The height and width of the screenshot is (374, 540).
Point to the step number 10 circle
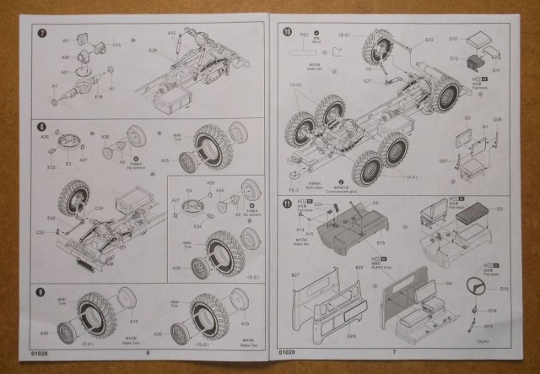click(287, 32)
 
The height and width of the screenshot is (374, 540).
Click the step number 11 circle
click(287, 203)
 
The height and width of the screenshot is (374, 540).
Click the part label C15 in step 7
click(116, 44)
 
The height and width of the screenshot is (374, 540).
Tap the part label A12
click(172, 34)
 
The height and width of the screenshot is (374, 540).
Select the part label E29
click(153, 51)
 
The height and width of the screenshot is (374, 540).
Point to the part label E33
click(51, 166)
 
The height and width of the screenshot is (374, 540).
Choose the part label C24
click(99, 205)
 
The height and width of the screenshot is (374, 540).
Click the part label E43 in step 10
click(429, 40)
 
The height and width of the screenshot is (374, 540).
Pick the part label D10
click(453, 39)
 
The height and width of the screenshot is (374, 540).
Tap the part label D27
click(444, 160)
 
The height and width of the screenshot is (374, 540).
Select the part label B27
click(297, 275)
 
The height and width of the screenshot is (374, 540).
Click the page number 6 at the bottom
click(148, 352)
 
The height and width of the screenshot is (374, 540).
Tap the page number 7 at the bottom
click(393, 351)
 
